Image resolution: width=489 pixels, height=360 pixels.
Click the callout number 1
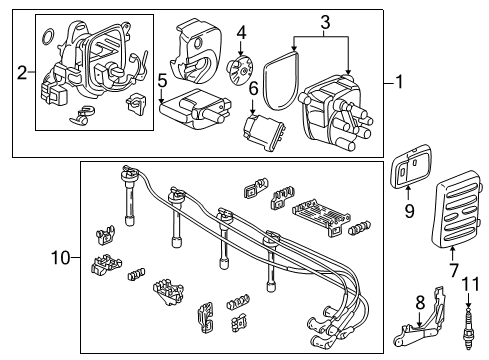click(x=400, y=85)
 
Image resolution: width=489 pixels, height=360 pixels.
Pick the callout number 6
click(x=254, y=89)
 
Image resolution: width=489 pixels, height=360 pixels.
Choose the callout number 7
click(x=456, y=271)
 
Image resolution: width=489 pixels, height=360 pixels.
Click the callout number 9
click(x=409, y=211)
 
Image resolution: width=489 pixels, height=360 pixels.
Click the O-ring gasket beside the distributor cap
click(x=291, y=88)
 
